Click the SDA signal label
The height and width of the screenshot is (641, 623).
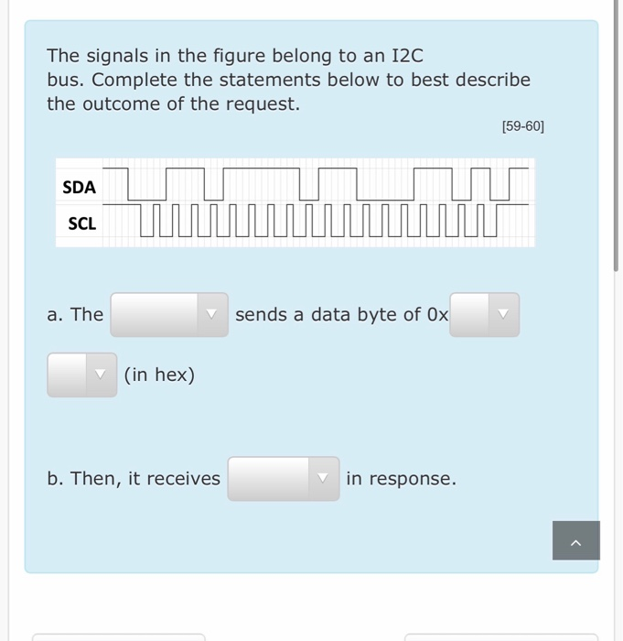79,187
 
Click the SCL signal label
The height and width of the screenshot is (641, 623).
81,223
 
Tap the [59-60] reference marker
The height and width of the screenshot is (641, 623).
522,127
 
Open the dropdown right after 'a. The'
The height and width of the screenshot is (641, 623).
169,314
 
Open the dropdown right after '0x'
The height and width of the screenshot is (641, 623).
484,314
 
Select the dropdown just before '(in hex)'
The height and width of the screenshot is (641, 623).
81,375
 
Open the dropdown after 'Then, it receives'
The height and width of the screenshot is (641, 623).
283,478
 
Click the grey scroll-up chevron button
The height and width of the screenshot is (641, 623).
575,540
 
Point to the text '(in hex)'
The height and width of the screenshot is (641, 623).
159,375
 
